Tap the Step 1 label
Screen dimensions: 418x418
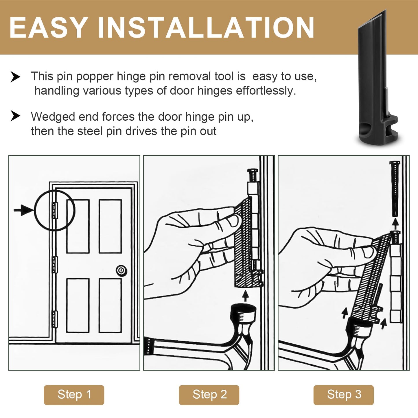point(74,395)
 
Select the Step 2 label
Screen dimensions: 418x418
point(209,395)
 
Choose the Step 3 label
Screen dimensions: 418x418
point(344,395)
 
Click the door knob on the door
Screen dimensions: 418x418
point(121,271)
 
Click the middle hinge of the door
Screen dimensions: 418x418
point(55,264)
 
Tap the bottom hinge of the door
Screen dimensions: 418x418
point(55,319)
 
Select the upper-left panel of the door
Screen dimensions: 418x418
point(78,226)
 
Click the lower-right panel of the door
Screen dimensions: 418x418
point(110,305)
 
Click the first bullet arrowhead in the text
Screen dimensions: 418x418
point(15,77)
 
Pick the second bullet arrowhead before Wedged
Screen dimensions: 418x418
point(15,116)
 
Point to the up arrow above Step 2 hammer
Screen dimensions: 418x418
point(245,296)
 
